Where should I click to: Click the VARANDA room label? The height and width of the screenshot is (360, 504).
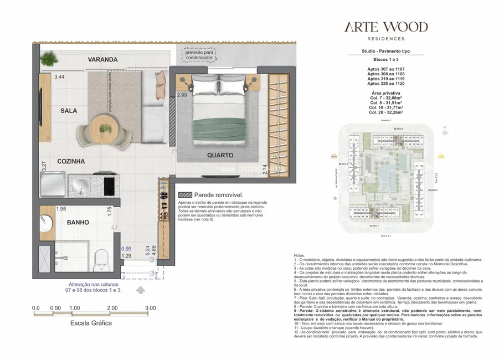click(x=103, y=59)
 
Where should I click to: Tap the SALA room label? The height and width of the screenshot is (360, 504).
click(x=69, y=111)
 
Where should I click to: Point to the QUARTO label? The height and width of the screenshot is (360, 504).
click(x=220, y=155)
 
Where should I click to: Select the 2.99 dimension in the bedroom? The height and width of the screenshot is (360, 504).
click(x=181, y=95)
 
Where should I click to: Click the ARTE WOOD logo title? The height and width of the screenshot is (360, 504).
click(x=386, y=27)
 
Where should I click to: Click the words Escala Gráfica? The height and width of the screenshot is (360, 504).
click(x=91, y=322)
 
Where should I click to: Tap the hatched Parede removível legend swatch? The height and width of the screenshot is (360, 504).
click(x=185, y=196)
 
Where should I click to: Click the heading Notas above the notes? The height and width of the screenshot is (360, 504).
click(x=301, y=255)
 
